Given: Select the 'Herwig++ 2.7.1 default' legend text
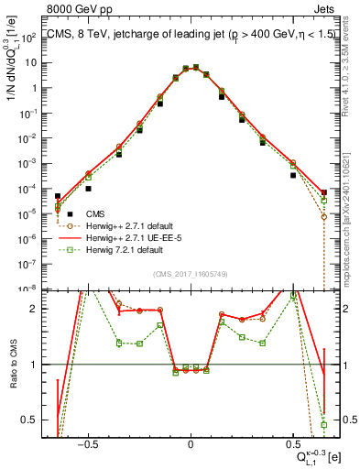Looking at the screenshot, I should pyautogui.click(x=120, y=225).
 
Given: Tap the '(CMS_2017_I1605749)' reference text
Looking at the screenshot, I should pyautogui.click(x=190, y=274).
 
